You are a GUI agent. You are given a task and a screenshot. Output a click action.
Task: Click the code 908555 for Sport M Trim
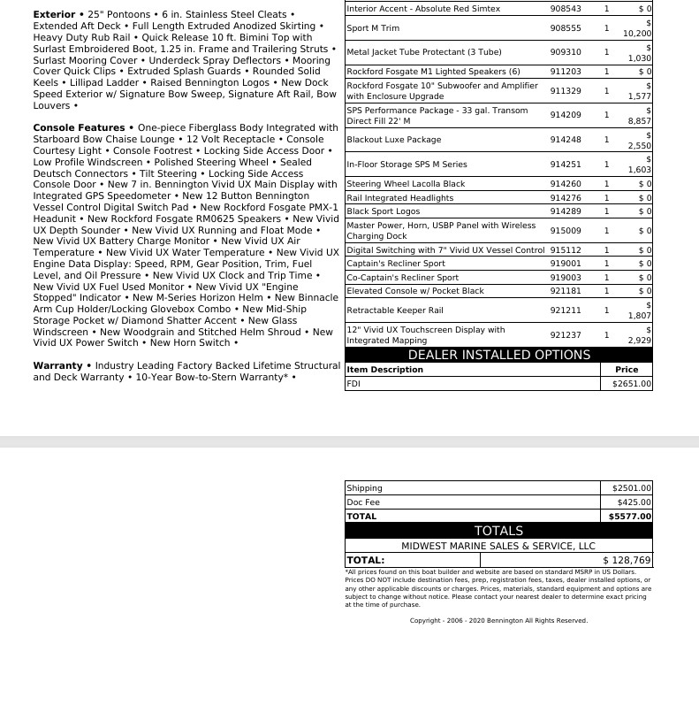tap(566, 28)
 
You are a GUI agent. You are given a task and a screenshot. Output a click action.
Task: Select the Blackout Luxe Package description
tap(393, 140)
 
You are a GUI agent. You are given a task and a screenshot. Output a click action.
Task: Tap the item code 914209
tap(566, 115)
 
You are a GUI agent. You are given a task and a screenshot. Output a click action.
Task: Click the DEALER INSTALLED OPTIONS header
tap(498, 355)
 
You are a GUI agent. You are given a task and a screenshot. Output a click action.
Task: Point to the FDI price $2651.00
tap(631, 384)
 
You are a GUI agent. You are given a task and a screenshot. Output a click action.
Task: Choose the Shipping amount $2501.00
tap(631, 487)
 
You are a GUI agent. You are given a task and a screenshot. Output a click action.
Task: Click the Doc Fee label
tap(363, 502)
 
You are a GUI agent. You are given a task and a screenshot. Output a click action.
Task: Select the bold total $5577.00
tap(630, 517)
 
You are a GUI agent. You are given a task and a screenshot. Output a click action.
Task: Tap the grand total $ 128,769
tap(627, 560)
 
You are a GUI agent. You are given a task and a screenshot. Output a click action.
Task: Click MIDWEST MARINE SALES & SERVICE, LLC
tap(498, 546)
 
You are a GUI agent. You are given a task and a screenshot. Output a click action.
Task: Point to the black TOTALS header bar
tap(498, 531)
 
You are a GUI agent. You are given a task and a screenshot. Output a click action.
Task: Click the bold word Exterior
tap(54, 15)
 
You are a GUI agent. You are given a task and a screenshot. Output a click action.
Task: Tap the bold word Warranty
tap(57, 365)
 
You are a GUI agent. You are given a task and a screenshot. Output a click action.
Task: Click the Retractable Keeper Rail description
tap(394, 310)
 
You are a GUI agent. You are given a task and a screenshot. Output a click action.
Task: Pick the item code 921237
tap(566, 335)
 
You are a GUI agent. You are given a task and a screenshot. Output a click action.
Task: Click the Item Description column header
tap(384, 370)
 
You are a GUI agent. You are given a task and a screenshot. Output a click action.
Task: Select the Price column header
tap(627, 370)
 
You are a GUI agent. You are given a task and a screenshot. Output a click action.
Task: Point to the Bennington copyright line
tap(498, 621)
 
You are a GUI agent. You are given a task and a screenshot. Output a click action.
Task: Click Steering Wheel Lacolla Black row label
tap(406, 184)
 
